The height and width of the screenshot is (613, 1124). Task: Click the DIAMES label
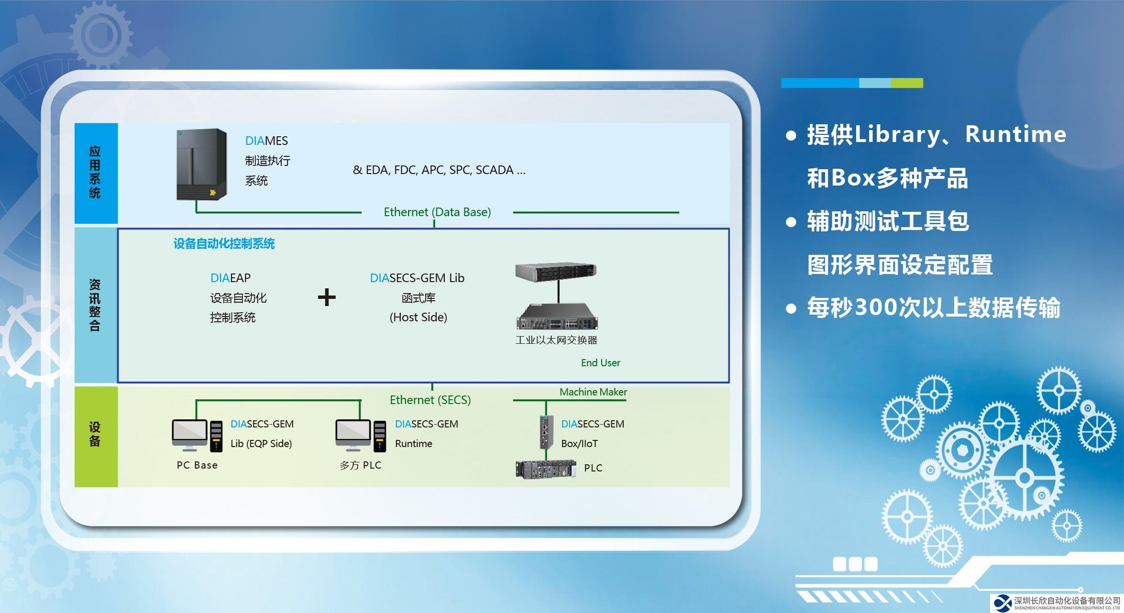click(x=266, y=141)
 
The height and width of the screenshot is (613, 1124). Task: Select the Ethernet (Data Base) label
click(x=437, y=212)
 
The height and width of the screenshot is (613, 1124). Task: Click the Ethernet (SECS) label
click(x=430, y=400)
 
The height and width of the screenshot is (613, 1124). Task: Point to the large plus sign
click(x=327, y=297)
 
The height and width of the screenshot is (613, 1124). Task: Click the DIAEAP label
click(x=230, y=278)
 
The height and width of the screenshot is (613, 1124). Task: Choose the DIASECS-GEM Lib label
click(x=417, y=278)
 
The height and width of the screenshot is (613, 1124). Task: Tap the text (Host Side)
click(x=418, y=317)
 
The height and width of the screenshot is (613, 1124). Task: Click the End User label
click(x=600, y=363)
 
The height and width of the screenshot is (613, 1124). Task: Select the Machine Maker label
click(x=593, y=392)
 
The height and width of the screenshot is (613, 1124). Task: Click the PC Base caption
click(x=197, y=465)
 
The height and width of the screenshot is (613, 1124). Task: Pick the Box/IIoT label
click(x=579, y=444)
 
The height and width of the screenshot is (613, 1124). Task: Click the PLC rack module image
click(x=546, y=469)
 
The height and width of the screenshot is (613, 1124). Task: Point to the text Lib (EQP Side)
click(x=261, y=444)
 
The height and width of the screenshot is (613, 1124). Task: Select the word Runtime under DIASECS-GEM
click(x=413, y=444)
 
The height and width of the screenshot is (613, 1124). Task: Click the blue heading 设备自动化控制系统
click(x=224, y=244)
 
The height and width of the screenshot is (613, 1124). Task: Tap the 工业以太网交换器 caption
click(x=556, y=340)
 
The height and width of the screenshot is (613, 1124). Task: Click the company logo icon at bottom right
click(x=1003, y=603)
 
